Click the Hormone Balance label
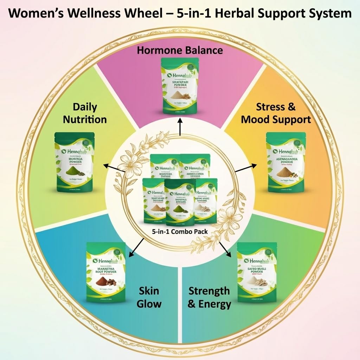(x=180, y=50)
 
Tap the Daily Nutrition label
(x=85, y=113)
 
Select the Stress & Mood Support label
(x=276, y=113)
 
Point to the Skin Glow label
(x=149, y=297)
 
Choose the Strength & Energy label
(x=209, y=297)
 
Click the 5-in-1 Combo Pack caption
(x=180, y=232)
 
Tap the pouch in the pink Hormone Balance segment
(x=180, y=86)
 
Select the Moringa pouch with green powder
(x=74, y=162)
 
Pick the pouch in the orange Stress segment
(x=286, y=162)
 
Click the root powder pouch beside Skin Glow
(x=106, y=272)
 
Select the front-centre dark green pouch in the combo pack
(x=180, y=202)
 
